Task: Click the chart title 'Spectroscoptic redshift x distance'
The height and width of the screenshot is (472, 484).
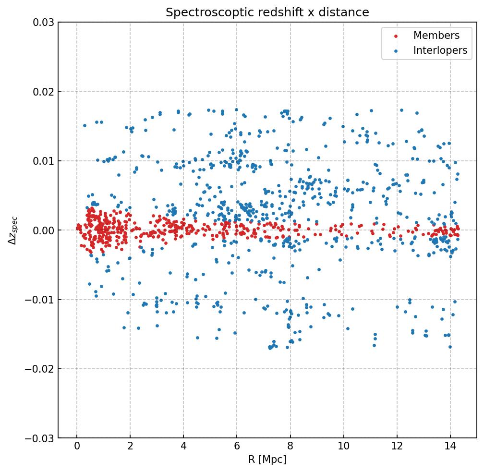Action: (x=267, y=12)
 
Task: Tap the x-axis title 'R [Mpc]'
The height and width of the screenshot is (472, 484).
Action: (x=267, y=460)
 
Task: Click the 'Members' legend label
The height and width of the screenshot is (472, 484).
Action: (x=436, y=36)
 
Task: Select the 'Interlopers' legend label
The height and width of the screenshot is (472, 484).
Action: (x=440, y=50)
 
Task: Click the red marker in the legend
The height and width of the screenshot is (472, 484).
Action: (x=395, y=36)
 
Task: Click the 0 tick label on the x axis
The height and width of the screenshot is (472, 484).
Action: (x=77, y=448)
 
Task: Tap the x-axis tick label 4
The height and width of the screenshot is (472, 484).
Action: (x=183, y=448)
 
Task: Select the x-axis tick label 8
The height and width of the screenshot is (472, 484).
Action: (x=290, y=448)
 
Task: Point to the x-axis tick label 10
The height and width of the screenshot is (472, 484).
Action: (x=343, y=448)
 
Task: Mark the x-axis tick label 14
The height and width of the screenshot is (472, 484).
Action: (x=450, y=448)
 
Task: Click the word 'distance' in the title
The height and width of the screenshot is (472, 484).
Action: (x=349, y=12)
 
